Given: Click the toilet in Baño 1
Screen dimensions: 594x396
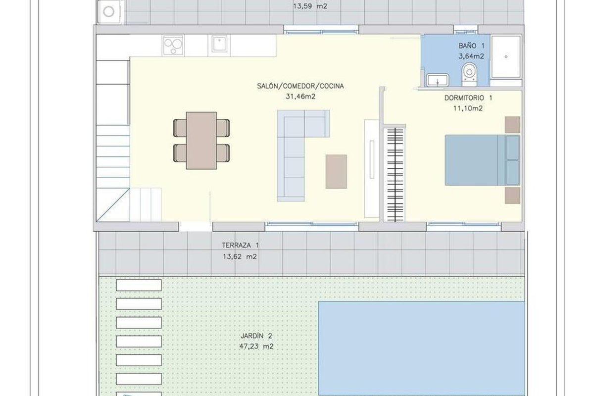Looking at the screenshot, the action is coord(469,75).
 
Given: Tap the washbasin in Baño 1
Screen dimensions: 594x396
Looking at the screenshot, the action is coord(438,80).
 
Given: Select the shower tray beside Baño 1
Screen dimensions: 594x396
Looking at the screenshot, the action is coord(506,57).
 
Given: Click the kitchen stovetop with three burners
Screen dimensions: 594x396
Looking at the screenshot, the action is coord(173,45).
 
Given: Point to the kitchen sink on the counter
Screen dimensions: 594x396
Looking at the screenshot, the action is coord(219,44).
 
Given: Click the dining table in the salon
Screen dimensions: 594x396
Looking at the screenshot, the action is coord(201,140).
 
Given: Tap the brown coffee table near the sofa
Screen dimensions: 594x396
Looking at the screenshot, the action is coord(336,172).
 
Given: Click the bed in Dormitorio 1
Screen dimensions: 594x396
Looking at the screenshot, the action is coord(482,160).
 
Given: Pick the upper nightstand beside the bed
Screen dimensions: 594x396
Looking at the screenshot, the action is coord(512,125).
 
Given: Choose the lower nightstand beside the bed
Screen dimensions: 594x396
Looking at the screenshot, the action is coord(512,196).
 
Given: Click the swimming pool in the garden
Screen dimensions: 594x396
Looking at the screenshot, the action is coord(421,348).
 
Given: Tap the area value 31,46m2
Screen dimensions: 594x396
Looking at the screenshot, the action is coord(300,97).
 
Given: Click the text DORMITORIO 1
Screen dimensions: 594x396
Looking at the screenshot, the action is coord(468,98).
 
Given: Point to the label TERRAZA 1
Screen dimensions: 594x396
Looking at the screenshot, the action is coord(240,246).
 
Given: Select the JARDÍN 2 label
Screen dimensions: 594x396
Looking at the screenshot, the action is coord(256,336).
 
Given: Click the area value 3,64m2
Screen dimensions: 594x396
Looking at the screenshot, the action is coord(471,56).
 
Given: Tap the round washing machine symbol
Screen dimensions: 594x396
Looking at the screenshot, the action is coord(108,12).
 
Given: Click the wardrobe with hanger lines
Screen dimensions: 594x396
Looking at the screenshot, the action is coord(395,175).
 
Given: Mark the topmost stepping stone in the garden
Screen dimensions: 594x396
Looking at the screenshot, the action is coord(139,285).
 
